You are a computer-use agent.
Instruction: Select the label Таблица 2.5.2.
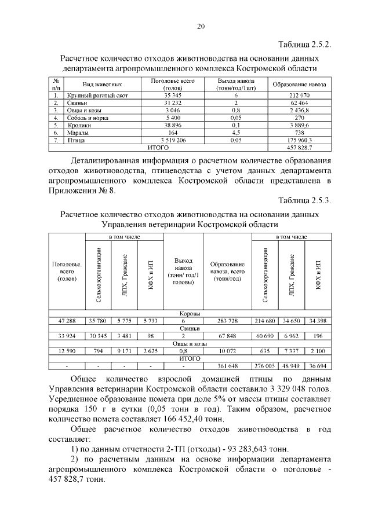pos(305,45)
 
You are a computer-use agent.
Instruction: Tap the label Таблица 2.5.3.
pos(305,201)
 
